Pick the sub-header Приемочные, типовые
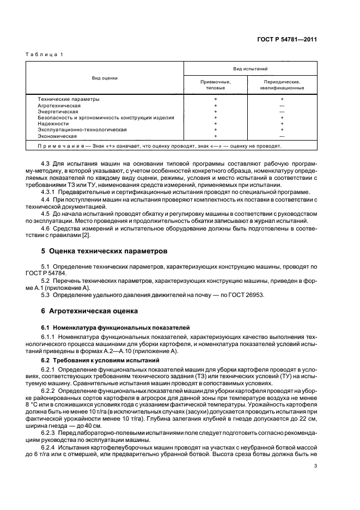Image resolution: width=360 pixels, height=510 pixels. tap(216, 84)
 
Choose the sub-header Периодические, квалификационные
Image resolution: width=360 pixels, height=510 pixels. tap(282, 84)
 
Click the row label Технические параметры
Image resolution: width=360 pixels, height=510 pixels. tap(69, 99)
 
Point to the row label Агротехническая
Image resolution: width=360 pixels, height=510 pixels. tap(59, 105)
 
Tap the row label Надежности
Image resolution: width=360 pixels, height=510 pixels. tap(53, 123)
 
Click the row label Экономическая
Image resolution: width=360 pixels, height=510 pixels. tap(57, 136)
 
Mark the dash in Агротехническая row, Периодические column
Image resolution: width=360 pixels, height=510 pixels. tap(282, 105)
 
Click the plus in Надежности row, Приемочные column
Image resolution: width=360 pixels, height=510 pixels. tap(216, 123)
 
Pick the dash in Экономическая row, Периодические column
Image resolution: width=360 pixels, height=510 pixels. tap(282, 136)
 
